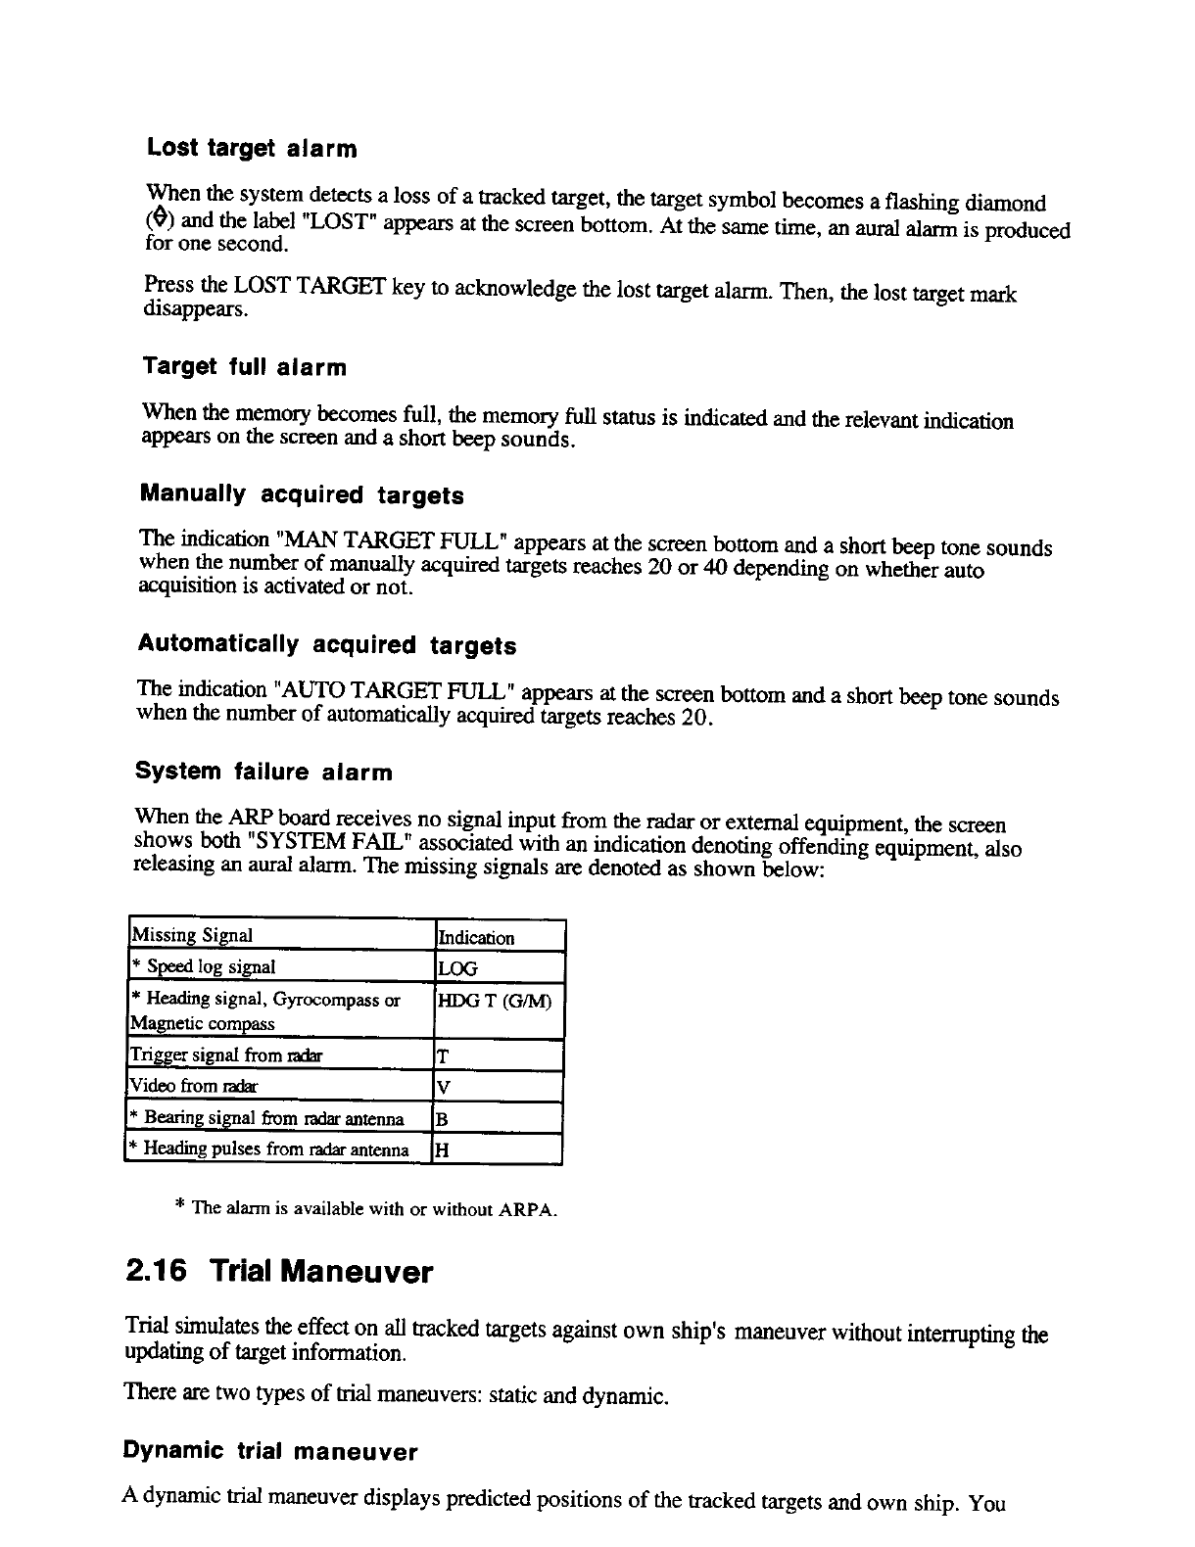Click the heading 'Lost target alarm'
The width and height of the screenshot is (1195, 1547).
(x=252, y=149)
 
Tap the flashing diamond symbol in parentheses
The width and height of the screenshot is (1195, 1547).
(x=153, y=221)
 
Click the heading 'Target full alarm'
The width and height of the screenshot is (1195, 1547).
(x=245, y=368)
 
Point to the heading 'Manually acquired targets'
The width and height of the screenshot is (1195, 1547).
(x=302, y=494)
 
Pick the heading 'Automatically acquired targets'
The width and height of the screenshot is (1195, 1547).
(x=326, y=645)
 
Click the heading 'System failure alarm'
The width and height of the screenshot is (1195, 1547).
(x=263, y=773)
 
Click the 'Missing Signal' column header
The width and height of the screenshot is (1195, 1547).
(x=192, y=935)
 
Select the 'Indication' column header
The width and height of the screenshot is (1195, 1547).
(x=476, y=937)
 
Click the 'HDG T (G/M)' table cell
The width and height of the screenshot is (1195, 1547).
(x=494, y=1002)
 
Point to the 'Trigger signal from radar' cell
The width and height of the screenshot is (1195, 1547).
(x=225, y=1055)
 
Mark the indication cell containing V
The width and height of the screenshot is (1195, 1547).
(x=443, y=1087)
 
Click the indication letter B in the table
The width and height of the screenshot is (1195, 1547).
(x=443, y=1118)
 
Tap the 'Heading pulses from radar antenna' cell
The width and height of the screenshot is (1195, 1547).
(x=275, y=1149)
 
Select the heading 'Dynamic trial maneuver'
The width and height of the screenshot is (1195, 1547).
(x=271, y=1451)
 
